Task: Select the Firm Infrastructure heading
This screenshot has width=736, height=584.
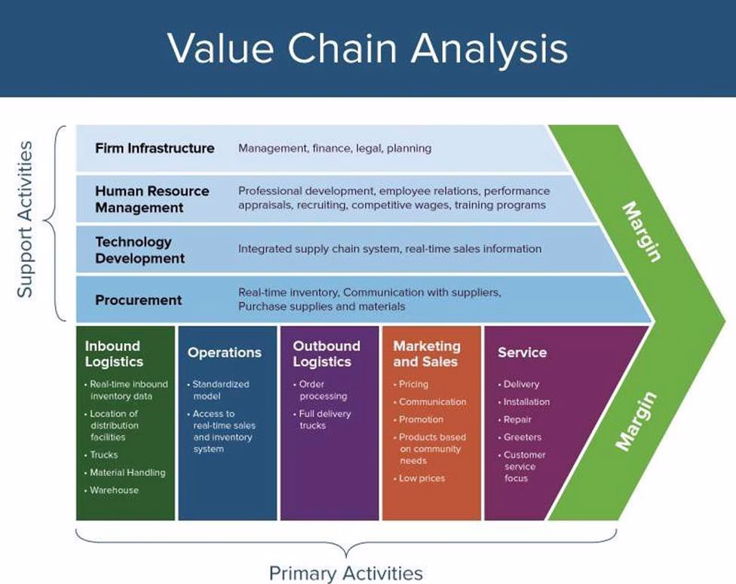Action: pos(155,148)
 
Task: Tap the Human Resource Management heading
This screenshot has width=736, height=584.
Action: pos(152,198)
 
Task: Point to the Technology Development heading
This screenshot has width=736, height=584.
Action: pos(140,250)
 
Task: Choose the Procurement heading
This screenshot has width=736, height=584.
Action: pos(138,300)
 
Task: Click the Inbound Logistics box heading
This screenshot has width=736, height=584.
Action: pos(113,353)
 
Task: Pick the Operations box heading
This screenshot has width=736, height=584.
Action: pos(225,352)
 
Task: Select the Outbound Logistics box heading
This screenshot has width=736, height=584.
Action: pos(327,353)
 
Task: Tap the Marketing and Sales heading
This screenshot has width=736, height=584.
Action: pos(427,353)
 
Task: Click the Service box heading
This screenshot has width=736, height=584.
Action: pos(522,352)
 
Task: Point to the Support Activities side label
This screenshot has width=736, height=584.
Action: pos(26,219)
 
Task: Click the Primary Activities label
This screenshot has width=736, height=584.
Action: pos(346,573)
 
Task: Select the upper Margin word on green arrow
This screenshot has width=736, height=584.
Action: pos(642,232)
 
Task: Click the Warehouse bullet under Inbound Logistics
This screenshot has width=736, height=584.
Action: pos(114,490)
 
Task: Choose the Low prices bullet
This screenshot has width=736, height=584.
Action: pos(422,478)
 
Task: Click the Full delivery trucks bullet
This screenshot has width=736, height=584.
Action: pos(324,420)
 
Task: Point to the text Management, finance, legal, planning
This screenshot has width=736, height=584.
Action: pos(335,149)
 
